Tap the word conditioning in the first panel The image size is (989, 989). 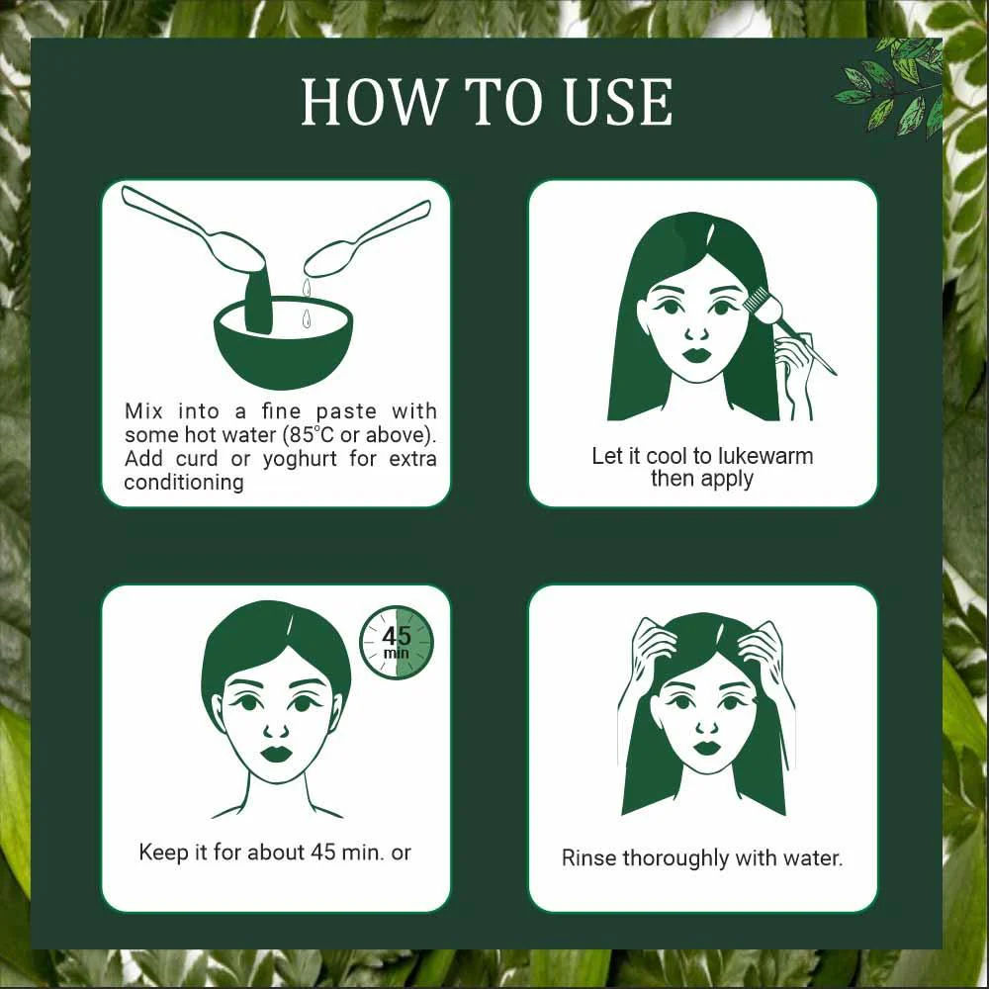click(184, 483)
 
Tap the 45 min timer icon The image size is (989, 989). click(396, 642)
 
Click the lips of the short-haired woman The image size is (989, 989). click(276, 754)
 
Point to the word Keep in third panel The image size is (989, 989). click(162, 852)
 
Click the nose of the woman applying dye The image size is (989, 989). click(696, 331)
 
